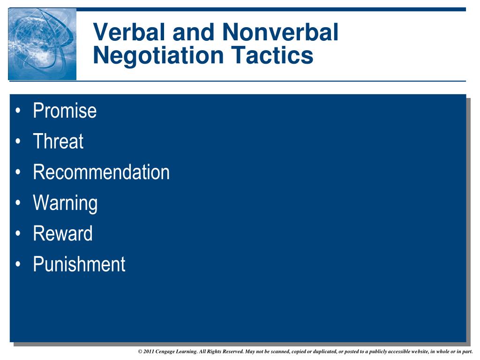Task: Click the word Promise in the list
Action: click(65, 111)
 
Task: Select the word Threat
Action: click(58, 141)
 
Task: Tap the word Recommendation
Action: click(101, 172)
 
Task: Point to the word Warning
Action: click(65, 203)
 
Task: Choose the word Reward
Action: click(63, 233)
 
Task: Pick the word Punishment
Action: click(79, 264)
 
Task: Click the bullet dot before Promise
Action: click(18, 111)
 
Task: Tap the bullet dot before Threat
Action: click(18, 141)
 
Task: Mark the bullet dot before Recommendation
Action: click(18, 172)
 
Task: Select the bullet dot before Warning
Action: click(18, 202)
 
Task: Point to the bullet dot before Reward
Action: click(18, 233)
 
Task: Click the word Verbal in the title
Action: click(129, 32)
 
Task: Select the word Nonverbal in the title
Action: click(280, 32)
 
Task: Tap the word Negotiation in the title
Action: click(158, 56)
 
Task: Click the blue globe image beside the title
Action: click(42, 44)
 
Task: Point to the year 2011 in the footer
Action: click(149, 352)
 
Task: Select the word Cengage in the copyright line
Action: click(165, 352)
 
